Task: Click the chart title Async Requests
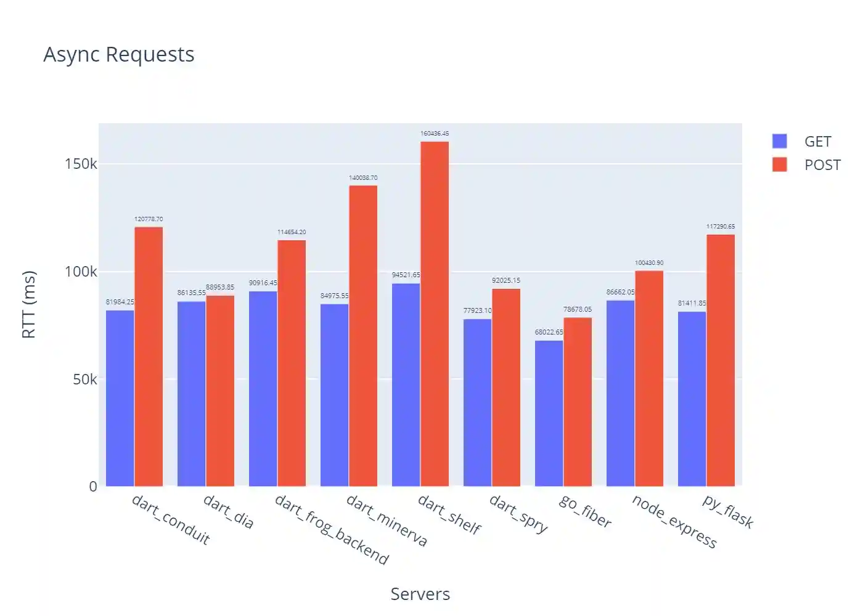click(119, 55)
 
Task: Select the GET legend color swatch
click(780, 141)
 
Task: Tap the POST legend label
click(822, 165)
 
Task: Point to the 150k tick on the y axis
click(81, 164)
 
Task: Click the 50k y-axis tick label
click(84, 379)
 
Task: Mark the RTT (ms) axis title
click(29, 304)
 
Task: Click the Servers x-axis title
click(420, 594)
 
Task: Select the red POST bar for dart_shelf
click(435, 314)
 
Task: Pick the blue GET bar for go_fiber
click(549, 413)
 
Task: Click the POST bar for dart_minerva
click(363, 336)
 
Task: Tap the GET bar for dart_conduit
click(120, 398)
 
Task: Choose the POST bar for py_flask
click(721, 360)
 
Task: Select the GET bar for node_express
click(620, 393)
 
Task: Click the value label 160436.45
click(435, 134)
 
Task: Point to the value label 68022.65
click(549, 332)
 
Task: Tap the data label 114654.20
click(292, 232)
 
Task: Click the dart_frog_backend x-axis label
click(332, 530)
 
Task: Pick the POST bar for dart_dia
click(220, 391)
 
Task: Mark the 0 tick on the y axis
click(93, 487)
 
